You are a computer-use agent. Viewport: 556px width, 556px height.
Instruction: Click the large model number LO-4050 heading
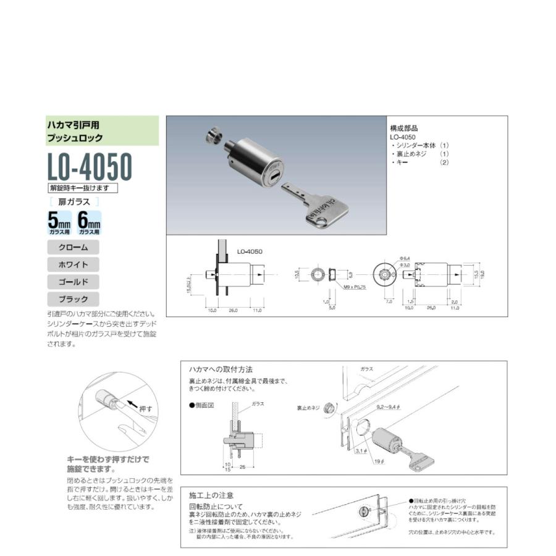tap(90, 166)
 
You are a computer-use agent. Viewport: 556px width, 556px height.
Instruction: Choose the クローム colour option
tap(74, 247)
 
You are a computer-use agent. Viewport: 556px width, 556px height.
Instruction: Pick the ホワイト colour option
tap(74, 264)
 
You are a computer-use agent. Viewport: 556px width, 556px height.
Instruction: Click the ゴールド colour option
tap(74, 282)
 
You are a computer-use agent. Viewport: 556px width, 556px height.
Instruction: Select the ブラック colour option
tap(74, 299)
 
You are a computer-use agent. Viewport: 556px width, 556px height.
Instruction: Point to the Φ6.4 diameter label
tap(405, 258)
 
